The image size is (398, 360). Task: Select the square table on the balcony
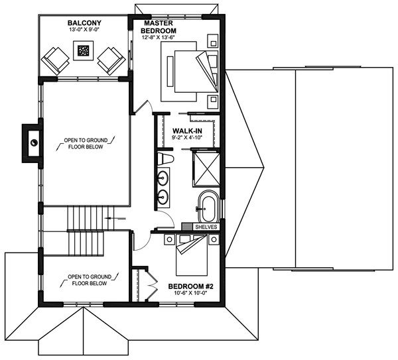click(x=83, y=50)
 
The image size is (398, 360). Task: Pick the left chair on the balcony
click(x=55, y=60)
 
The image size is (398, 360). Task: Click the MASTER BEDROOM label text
click(x=159, y=27)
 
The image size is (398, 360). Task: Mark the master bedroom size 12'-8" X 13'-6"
click(x=159, y=38)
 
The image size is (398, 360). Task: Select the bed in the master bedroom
click(x=190, y=69)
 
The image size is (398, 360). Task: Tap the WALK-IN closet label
click(x=187, y=131)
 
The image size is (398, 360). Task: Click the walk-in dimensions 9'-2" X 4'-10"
click(x=187, y=139)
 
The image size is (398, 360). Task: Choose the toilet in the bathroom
click(x=166, y=159)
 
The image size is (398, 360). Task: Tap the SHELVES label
click(x=206, y=226)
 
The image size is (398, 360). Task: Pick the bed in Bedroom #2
click(x=193, y=256)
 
